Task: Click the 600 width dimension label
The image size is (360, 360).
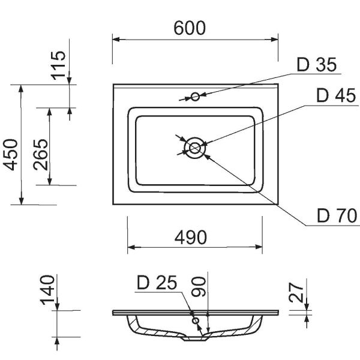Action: click(189, 28)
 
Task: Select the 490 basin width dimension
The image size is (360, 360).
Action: click(190, 238)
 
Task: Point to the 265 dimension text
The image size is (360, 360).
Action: click(41, 155)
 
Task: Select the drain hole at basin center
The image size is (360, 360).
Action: click(194, 147)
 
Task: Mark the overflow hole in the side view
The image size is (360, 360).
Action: click(195, 321)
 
